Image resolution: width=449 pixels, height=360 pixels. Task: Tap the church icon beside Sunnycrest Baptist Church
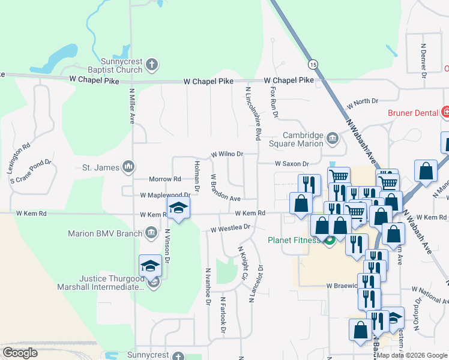[152, 63]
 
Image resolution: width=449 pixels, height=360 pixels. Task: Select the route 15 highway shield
[313, 63]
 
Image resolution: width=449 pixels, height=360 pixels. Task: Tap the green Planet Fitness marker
[329, 242]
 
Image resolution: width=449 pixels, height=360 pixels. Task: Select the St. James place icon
[128, 167]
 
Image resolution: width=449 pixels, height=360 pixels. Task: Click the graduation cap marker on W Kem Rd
[178, 209]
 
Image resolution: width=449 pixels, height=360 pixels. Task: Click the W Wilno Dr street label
[227, 154]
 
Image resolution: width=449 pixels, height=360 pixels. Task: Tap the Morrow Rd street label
[165, 179]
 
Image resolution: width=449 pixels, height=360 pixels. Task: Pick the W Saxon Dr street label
[292, 163]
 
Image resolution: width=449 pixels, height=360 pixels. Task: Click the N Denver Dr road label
[423, 58]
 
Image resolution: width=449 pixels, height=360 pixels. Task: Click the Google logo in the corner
[20, 353]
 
